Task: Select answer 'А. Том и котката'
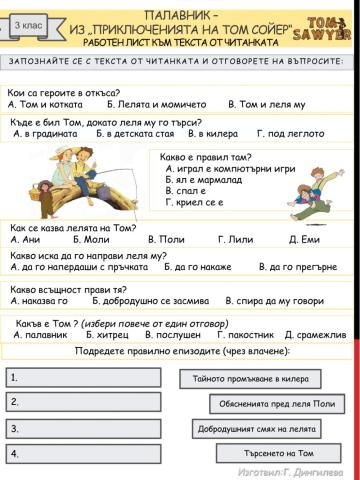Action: [x=42, y=103]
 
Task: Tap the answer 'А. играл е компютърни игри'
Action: [x=231, y=169]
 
